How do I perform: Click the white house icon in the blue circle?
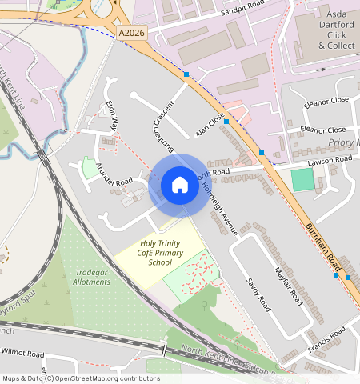click(180, 185)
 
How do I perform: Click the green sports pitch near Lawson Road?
click(302, 180)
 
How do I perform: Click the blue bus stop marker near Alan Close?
click(226, 122)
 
